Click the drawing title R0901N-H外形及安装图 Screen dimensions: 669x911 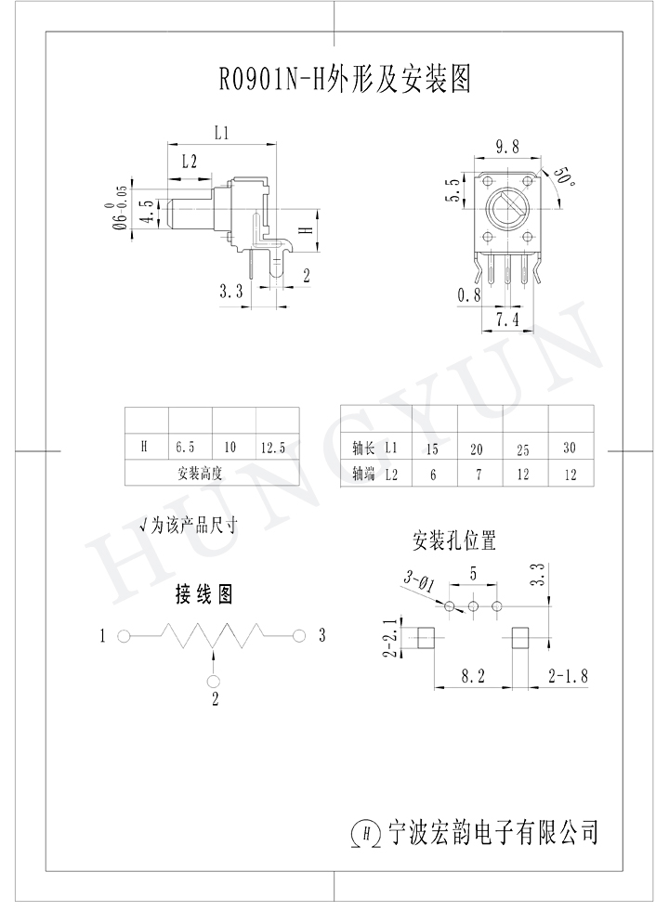pyautogui.click(x=345, y=80)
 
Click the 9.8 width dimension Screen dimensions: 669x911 pyautogui.click(x=507, y=147)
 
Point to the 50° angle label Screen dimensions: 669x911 pyautogui.click(x=564, y=176)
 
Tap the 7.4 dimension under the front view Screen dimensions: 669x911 pyautogui.click(x=507, y=319)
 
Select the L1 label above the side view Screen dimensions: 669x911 pyautogui.click(x=221, y=133)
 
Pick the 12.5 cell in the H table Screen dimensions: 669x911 pyautogui.click(x=272, y=448)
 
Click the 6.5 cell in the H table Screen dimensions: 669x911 pyautogui.click(x=186, y=448)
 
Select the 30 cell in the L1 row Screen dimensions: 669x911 pyautogui.click(x=570, y=448)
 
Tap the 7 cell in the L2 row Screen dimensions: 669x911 pyautogui.click(x=479, y=475)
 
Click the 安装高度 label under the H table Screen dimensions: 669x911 pyautogui.click(x=200, y=474)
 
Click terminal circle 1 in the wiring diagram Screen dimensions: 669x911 pyautogui.click(x=124, y=636)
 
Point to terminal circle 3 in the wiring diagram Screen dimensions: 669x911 pyautogui.click(x=299, y=636)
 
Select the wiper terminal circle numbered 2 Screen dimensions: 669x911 pyautogui.click(x=214, y=681)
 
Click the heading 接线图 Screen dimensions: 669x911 pyautogui.click(x=204, y=594)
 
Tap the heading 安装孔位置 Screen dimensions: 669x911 pyautogui.click(x=454, y=540)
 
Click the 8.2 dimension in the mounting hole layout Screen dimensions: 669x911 pyautogui.click(x=473, y=676)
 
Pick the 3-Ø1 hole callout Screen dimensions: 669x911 pyautogui.click(x=418, y=581)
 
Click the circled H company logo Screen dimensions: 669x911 pyautogui.click(x=366, y=834)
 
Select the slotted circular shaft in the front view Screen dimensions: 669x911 pyautogui.click(x=506, y=207)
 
